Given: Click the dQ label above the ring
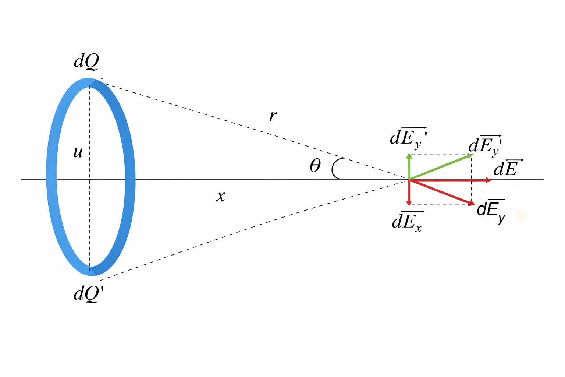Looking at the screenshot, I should [87, 61].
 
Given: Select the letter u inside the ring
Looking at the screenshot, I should [78, 152].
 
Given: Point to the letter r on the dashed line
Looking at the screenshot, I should [273, 116].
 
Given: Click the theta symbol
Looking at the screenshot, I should [315, 166].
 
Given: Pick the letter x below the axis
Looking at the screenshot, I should [220, 196].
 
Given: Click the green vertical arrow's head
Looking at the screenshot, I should [409, 156].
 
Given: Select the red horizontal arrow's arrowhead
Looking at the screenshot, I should [488, 180].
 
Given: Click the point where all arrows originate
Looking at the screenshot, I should [409, 180].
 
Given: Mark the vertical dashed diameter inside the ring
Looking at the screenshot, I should [90, 221].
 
